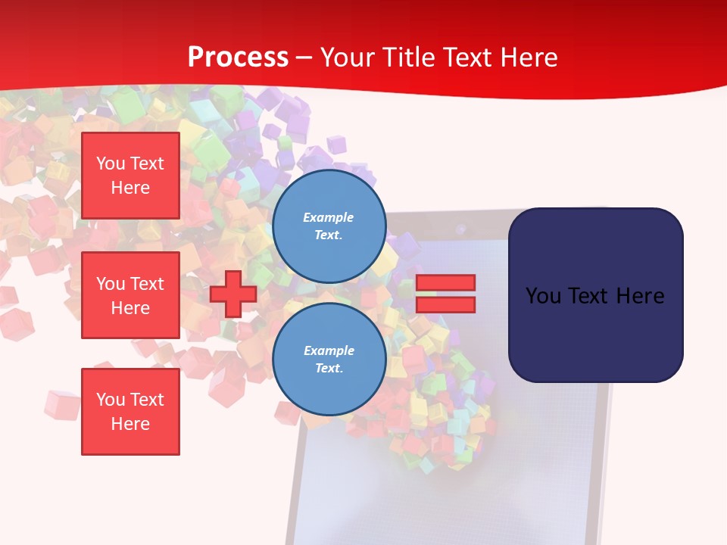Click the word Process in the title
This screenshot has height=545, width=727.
(238, 58)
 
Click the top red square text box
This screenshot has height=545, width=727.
(130, 176)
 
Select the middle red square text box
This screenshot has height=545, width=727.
(130, 295)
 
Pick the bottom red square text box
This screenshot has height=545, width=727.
(130, 412)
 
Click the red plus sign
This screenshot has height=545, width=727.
(233, 294)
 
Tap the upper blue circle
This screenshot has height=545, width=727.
(329, 226)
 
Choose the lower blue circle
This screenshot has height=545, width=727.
(329, 360)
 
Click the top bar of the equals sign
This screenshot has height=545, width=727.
(445, 282)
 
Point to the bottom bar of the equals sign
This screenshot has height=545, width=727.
(445, 304)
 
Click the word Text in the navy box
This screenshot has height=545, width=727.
(594, 296)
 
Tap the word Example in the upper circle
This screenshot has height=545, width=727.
(328, 218)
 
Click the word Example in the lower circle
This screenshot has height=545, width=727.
(329, 351)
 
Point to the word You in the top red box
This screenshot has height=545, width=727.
(110, 163)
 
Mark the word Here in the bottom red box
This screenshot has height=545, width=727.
(130, 424)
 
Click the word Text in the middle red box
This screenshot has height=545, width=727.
(146, 284)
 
